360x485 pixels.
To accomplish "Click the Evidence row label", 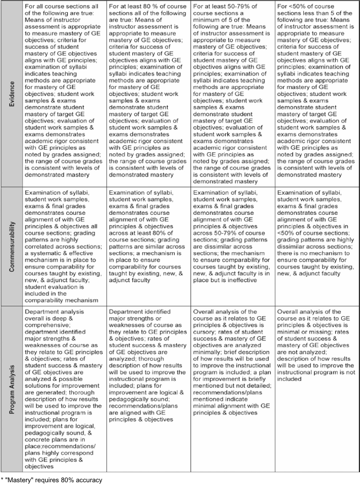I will (11, 94).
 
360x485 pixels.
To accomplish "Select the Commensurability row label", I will (11, 246).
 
